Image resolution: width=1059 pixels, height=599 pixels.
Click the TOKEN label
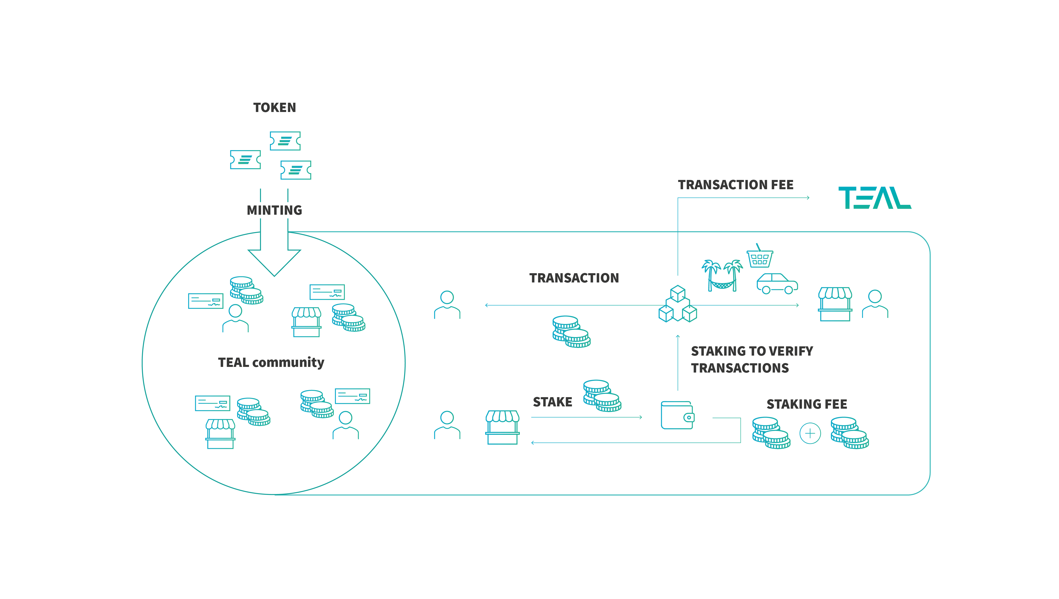(x=274, y=107)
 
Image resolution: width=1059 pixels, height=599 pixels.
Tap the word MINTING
(x=274, y=210)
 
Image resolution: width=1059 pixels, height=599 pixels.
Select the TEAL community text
(x=271, y=362)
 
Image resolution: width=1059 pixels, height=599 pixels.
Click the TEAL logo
(x=874, y=198)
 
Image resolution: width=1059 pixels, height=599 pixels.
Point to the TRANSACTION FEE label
(x=736, y=185)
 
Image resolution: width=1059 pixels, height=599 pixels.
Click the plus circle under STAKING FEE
(x=810, y=433)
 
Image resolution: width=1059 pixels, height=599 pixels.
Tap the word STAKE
(x=552, y=402)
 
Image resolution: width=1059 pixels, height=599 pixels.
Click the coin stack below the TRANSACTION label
(x=571, y=332)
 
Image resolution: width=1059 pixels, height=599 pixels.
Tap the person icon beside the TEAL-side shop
(x=875, y=304)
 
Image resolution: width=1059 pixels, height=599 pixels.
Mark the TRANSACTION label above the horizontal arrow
(x=574, y=278)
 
